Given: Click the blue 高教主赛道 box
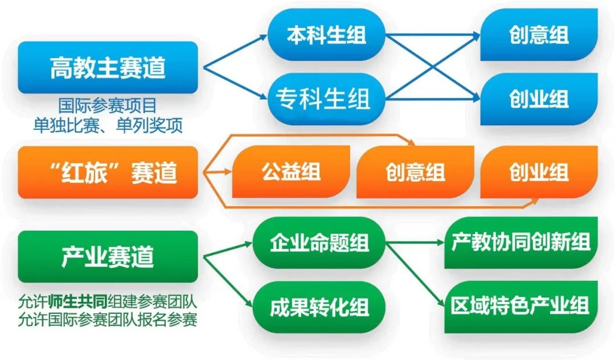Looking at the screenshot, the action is click(108, 67).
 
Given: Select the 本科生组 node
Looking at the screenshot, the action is click(326, 35).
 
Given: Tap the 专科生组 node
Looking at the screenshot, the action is click(326, 99).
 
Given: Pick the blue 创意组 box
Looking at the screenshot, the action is click(539, 35).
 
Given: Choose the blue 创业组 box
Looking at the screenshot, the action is click(539, 99).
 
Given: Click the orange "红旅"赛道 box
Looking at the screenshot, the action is click(108, 172).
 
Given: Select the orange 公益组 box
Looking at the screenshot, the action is click(291, 172).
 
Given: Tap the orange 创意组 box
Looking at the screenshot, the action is click(415, 172).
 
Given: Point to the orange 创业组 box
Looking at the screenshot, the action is click(539, 172).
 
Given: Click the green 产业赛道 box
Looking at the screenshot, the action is click(108, 256).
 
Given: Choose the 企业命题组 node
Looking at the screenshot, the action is click(319, 243).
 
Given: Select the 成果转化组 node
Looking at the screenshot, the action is click(319, 307).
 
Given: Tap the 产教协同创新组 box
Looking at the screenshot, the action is click(521, 242).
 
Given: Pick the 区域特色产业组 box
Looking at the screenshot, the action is click(521, 306).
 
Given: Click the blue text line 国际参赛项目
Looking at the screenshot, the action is click(108, 105).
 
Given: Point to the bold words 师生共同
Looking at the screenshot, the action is click(78, 301).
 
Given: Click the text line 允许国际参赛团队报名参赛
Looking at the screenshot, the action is click(108, 320).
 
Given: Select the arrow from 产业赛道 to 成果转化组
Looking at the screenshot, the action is click(228, 281).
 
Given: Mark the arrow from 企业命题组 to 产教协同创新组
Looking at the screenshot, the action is click(415, 243).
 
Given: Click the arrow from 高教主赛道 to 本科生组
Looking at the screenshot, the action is click(235, 52).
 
